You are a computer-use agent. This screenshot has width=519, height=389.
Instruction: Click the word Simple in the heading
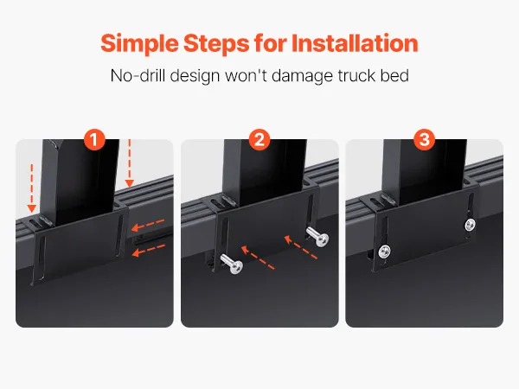tap(139, 44)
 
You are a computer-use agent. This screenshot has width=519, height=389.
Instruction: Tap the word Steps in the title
tap(216, 44)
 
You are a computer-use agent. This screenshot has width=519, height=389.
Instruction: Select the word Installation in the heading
tap(355, 43)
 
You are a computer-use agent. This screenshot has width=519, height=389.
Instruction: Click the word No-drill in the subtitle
tap(138, 75)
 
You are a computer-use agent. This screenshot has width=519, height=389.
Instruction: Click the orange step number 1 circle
tap(94, 139)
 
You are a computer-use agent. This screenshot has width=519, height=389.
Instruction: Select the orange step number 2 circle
tap(259, 139)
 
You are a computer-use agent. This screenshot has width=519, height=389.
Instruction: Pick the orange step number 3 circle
tap(425, 139)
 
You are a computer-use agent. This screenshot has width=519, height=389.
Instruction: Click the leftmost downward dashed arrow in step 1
tap(32, 188)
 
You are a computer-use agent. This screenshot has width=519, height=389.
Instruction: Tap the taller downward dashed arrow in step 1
tap(130, 163)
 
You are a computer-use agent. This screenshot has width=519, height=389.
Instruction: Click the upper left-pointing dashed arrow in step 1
tap(148, 224)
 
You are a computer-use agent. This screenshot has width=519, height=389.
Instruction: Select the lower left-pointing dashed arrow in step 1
tap(149, 250)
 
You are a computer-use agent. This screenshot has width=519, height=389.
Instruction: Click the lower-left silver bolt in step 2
tap(232, 264)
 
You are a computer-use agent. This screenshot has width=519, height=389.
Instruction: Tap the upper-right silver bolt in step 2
tap(317, 236)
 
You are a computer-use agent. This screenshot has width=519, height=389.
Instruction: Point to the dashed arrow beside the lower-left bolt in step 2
tap(258, 257)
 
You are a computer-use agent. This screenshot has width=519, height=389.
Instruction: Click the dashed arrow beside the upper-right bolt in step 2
tap(300, 246)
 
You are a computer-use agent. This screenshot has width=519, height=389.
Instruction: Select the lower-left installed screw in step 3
tap(384, 251)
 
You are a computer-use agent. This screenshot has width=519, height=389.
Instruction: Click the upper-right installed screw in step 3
tap(470, 225)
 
